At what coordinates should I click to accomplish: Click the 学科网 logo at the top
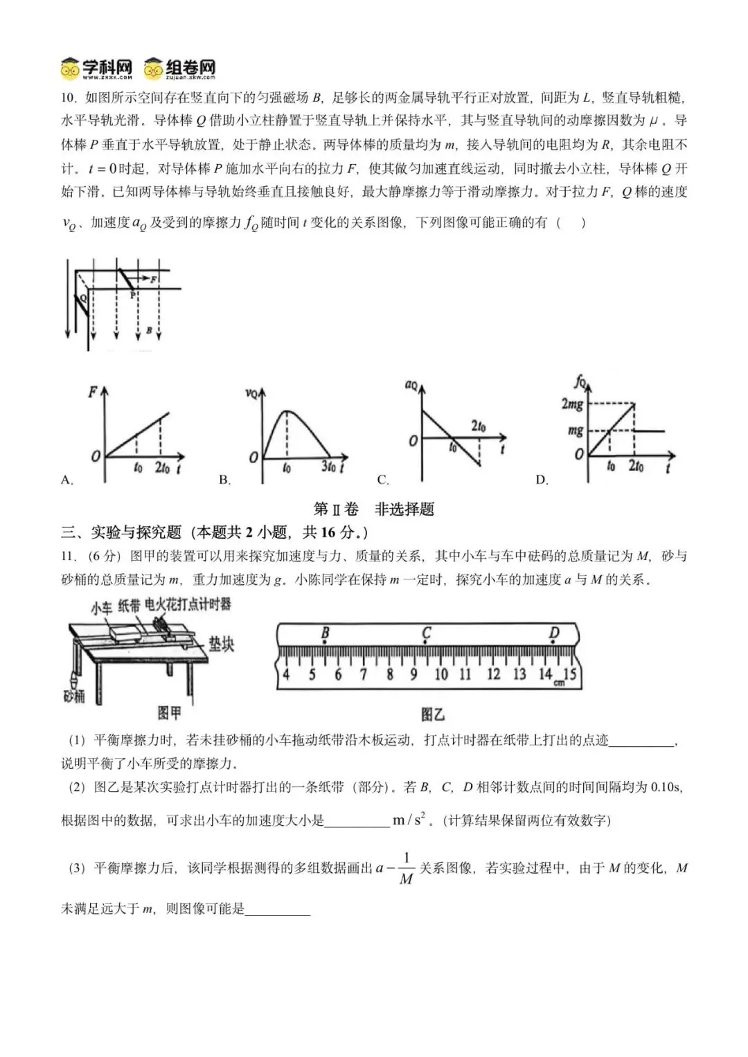coord(96,68)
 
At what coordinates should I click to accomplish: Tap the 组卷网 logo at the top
coord(180,68)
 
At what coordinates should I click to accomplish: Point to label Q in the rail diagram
coord(82,297)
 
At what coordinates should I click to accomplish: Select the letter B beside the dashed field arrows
coord(149,331)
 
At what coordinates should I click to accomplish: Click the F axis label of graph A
coord(92,392)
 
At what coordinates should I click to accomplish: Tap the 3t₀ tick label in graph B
coord(328,467)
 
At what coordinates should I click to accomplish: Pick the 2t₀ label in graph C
coord(479,426)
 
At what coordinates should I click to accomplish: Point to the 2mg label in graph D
coord(572,404)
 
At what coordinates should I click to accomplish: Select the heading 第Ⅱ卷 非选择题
coord(374,509)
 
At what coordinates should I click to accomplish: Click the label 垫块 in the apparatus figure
coord(221,644)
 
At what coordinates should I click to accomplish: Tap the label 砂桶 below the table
coord(74,695)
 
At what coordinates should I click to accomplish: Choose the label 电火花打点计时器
coord(188,604)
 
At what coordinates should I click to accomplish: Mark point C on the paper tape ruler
coord(427,633)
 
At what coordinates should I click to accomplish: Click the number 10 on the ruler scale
coord(440,674)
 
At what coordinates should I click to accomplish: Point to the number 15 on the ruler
coord(569,674)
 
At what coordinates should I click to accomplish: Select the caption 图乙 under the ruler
coord(433,714)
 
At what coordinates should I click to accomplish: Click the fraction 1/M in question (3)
coord(407,869)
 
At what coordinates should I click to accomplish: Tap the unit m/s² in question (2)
coord(409,820)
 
